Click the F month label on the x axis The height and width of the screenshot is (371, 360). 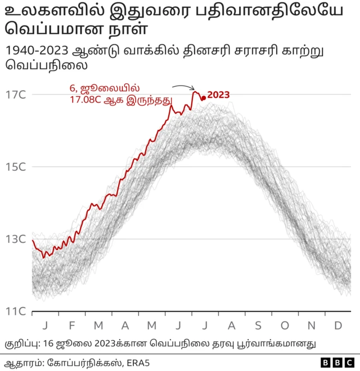pos(71,325)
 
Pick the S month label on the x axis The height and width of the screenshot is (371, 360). pos(258,325)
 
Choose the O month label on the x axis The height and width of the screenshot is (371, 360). pos(285,325)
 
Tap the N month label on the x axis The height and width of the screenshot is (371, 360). pos(312,325)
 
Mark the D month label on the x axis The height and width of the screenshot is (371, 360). pos(338,325)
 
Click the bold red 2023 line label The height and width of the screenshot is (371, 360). pos(218,94)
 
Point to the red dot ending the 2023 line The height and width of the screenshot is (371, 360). pos(203,98)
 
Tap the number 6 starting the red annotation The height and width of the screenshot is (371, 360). pos(71,88)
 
